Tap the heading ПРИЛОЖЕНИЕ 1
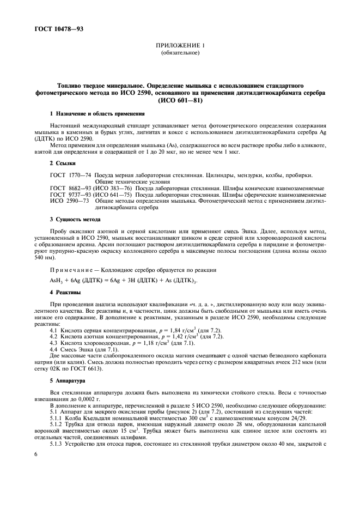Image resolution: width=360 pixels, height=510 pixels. tap(180, 46)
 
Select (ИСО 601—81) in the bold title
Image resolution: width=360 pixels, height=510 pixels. tap(180, 101)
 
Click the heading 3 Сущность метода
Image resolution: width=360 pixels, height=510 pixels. tap(75, 219)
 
